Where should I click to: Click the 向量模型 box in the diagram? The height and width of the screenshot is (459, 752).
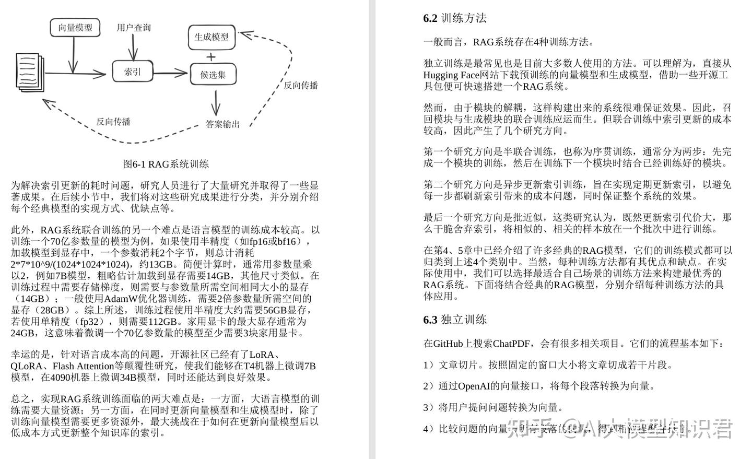[75, 27]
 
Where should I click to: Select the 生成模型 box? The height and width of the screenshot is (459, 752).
[211, 37]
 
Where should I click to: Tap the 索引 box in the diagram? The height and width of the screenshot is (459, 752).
[133, 72]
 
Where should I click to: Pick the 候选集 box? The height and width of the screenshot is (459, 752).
[213, 75]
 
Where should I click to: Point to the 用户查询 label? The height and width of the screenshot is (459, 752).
[134, 28]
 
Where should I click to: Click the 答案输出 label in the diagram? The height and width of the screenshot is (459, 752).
[222, 124]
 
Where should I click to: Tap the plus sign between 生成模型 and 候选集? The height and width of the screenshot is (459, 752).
[211, 56]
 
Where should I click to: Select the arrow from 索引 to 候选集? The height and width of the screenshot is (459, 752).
[171, 73]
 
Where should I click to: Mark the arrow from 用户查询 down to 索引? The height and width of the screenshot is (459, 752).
[134, 48]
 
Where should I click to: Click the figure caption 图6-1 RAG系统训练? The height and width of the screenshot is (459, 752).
[166, 164]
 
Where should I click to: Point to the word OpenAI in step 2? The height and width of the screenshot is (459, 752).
[473, 386]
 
